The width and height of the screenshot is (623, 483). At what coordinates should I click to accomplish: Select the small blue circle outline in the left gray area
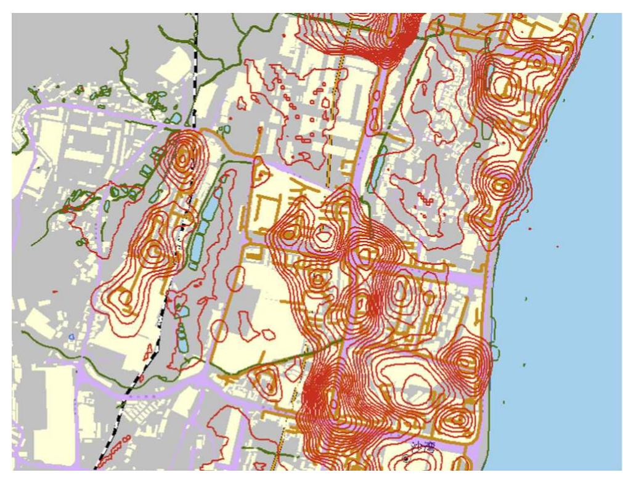(x=71, y=337)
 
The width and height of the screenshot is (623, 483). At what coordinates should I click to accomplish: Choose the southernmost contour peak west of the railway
(x=125, y=297)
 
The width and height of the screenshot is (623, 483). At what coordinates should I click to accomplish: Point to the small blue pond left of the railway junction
(x=177, y=118)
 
